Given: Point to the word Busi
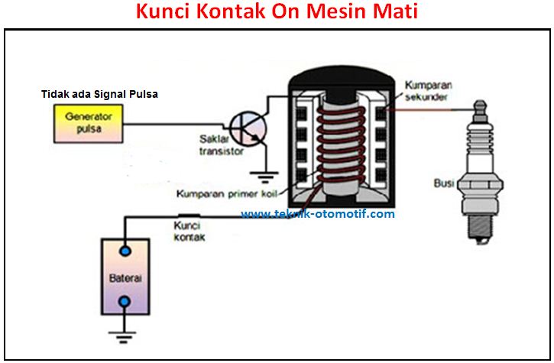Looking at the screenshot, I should click(443, 183).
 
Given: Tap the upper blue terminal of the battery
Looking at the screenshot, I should click(123, 251).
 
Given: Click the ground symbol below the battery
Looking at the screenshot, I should click(123, 333).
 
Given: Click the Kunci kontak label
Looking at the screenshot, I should click(189, 231).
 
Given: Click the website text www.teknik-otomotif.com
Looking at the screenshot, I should click(318, 214).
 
